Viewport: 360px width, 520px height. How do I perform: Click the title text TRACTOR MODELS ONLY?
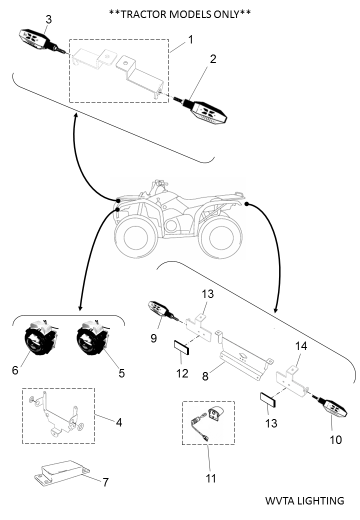click(179, 13)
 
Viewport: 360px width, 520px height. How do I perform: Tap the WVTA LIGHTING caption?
click(304, 500)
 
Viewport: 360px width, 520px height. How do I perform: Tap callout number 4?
click(118, 422)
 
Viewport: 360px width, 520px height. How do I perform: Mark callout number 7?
click(105, 482)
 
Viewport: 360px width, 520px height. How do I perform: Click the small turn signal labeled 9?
click(161, 309)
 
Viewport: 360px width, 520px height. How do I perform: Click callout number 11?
click(211, 478)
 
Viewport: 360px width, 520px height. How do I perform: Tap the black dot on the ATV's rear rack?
click(246, 203)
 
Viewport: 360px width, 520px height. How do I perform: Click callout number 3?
click(48, 19)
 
